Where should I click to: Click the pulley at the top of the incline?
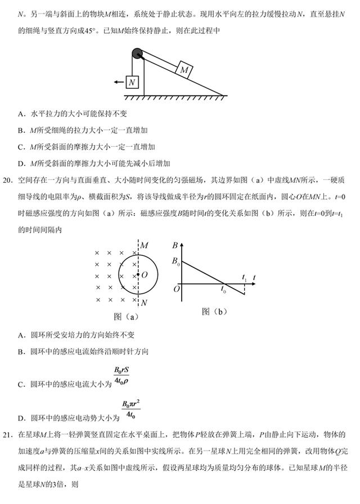(x=138, y=54)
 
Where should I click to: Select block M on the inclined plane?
(x=184, y=70)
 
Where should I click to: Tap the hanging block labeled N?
(x=132, y=83)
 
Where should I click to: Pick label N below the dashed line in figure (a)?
(x=145, y=303)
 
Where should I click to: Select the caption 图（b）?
(x=214, y=311)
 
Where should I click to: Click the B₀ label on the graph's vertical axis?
(x=175, y=262)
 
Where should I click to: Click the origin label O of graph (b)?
(x=176, y=288)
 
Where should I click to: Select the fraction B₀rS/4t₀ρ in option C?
(x=121, y=375)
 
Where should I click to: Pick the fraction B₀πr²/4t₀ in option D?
(x=130, y=409)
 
